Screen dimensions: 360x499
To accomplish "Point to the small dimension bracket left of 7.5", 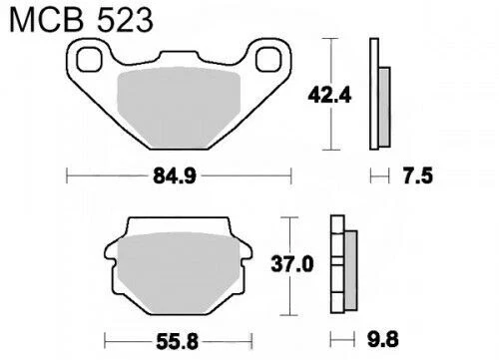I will coord(376,177).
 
